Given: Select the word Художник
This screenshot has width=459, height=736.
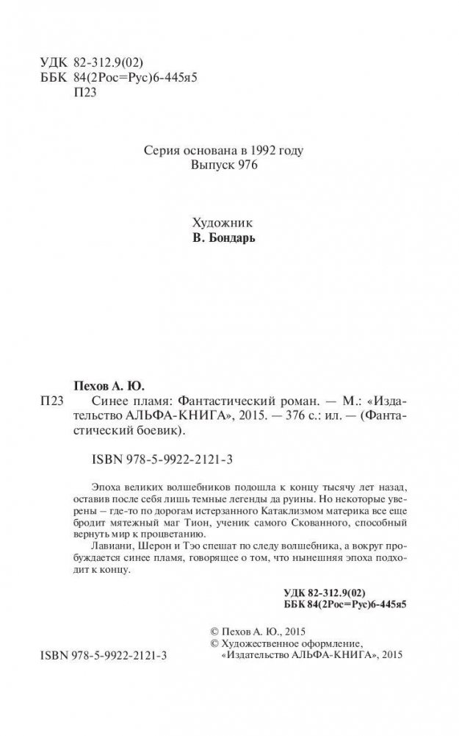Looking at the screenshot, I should (216, 223).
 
